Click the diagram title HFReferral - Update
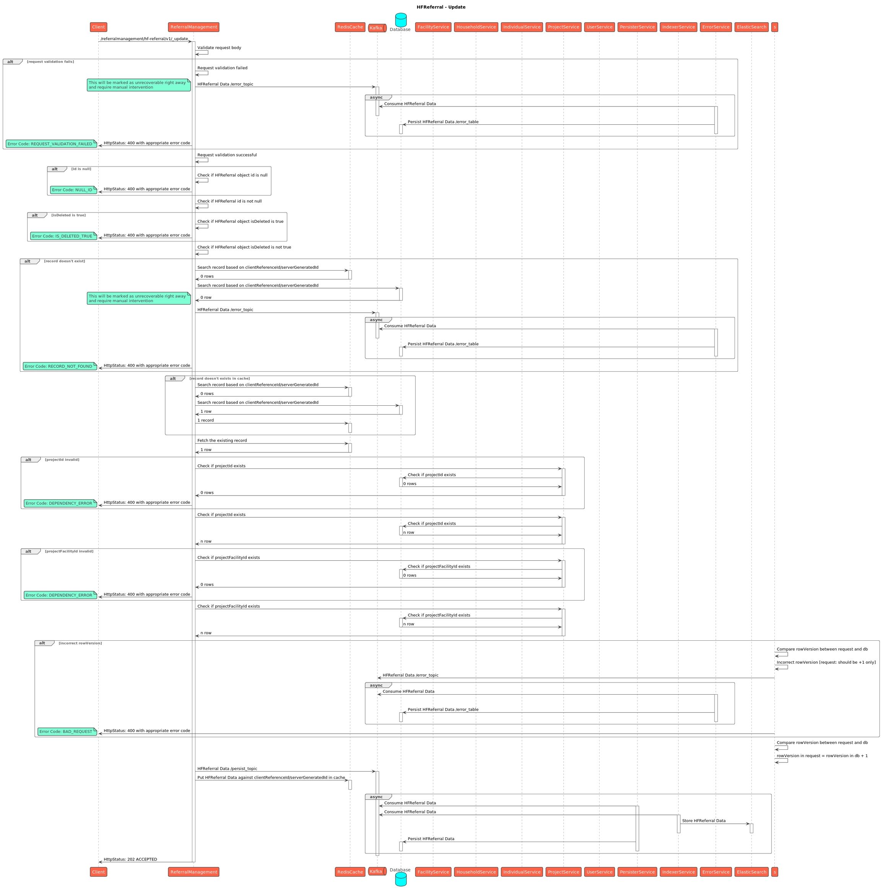tap(440, 7)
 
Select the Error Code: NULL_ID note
tap(73, 190)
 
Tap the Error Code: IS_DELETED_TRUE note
tap(63, 236)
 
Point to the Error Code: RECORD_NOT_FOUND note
tap(59, 366)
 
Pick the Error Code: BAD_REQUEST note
tap(67, 731)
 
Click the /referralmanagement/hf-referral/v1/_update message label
tap(144, 39)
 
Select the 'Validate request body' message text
tap(219, 47)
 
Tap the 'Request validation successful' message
tap(227, 155)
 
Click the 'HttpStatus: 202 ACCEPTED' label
tap(130, 859)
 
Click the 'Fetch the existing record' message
tap(222, 441)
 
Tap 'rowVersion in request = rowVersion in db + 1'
tap(822, 756)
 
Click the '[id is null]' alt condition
tap(81, 169)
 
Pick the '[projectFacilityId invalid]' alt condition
tap(69, 551)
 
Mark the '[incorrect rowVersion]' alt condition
tap(80, 643)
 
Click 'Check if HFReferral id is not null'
tap(229, 201)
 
